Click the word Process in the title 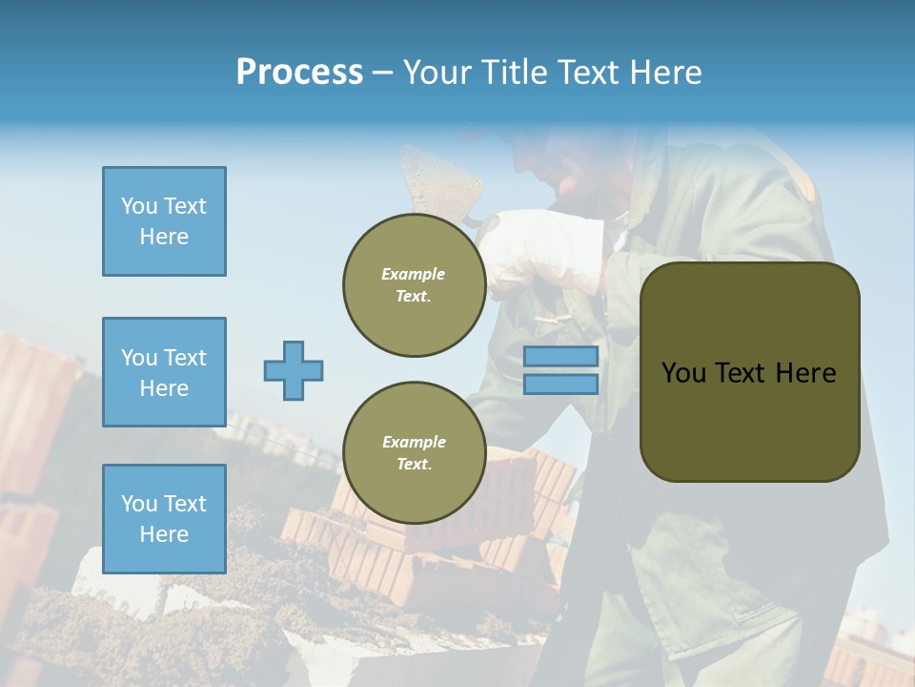click(x=299, y=73)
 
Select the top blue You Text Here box click(x=164, y=221)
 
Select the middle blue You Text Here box click(x=164, y=372)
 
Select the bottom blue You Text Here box click(x=164, y=518)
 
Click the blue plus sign click(x=293, y=370)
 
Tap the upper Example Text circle click(x=414, y=285)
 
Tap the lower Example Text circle click(x=414, y=452)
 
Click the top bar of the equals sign click(x=560, y=357)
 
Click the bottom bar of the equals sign click(x=560, y=384)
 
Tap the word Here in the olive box click(x=805, y=373)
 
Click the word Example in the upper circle click(x=414, y=274)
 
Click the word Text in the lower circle click(x=414, y=464)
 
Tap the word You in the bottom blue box click(x=138, y=504)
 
